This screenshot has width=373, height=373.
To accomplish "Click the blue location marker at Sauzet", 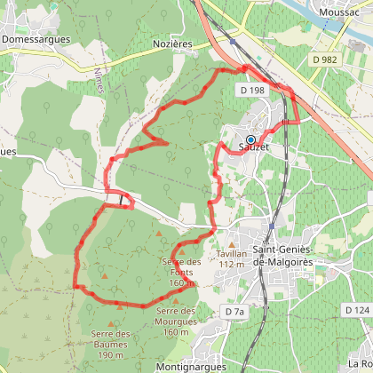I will [250, 139].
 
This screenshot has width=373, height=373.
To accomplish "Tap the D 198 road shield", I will [251, 91].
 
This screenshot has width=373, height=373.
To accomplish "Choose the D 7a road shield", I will [234, 312].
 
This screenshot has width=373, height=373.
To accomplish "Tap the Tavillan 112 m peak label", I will [230, 258].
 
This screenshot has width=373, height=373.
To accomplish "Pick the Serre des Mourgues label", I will [175, 321].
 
